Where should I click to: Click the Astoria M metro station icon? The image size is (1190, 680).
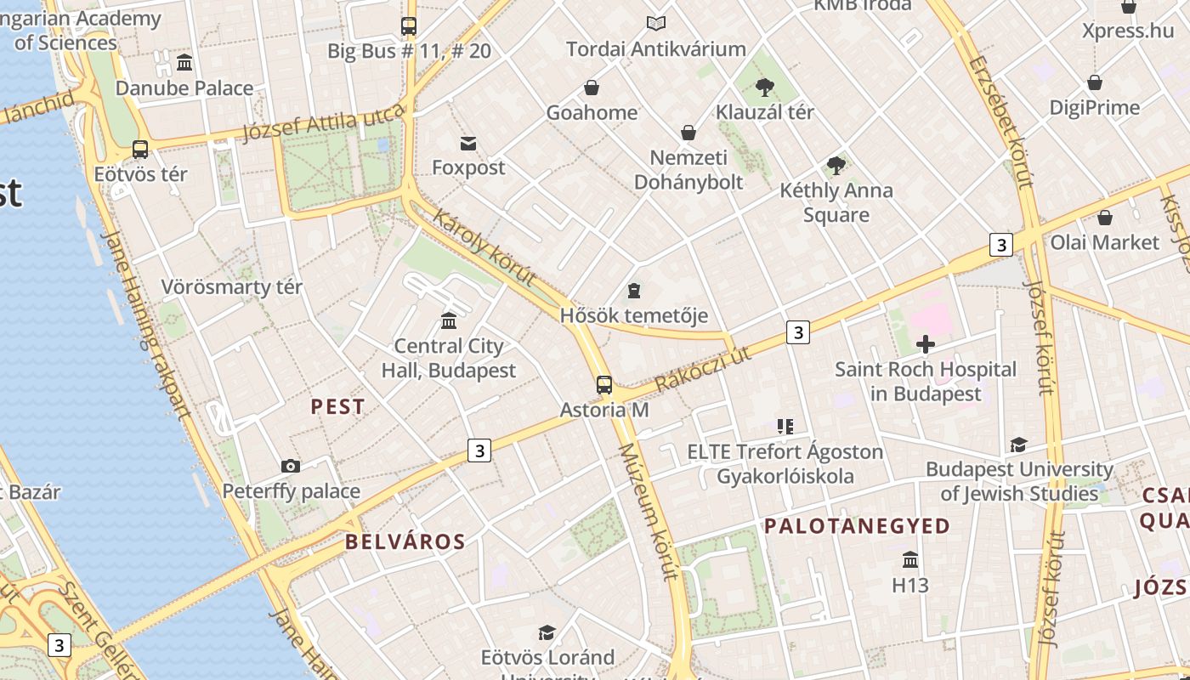(x=604, y=385)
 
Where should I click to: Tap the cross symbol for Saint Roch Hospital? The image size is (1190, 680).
(x=926, y=344)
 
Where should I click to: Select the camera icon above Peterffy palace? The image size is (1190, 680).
(x=291, y=466)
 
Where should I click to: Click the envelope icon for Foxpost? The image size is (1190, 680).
(x=468, y=143)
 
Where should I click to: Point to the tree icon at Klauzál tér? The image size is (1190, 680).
(x=765, y=86)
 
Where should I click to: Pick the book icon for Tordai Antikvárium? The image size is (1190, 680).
(x=655, y=24)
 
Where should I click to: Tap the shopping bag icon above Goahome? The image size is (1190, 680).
(x=592, y=88)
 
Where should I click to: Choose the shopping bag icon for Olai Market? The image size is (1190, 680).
(x=1104, y=218)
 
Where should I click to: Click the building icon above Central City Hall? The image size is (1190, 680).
(x=449, y=320)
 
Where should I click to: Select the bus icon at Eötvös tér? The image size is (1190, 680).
(x=140, y=150)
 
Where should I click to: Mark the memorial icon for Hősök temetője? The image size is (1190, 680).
(x=633, y=292)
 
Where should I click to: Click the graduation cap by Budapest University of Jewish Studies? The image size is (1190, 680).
(x=1018, y=445)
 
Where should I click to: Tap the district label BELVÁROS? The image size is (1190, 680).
(x=405, y=541)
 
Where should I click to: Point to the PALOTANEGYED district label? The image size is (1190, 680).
(x=857, y=526)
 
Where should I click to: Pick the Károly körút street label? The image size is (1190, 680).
(x=484, y=247)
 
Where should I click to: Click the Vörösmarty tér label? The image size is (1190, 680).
(x=231, y=286)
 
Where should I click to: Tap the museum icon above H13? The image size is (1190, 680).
(x=910, y=560)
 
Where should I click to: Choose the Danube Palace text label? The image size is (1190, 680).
(x=184, y=88)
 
